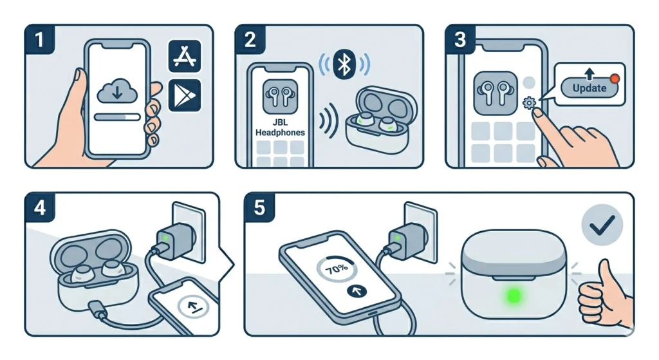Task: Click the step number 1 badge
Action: [x=39, y=39]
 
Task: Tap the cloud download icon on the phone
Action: [x=118, y=91]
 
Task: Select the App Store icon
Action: [x=185, y=56]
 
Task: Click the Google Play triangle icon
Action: [x=185, y=95]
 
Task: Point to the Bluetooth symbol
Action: [x=344, y=64]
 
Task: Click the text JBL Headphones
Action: [x=281, y=127]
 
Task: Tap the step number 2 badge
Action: [x=250, y=39]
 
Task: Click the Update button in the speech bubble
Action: [x=589, y=88]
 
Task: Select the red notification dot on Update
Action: [x=615, y=79]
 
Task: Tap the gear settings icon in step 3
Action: [x=529, y=102]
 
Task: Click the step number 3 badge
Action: [x=460, y=39]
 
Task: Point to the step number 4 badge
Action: [x=39, y=207]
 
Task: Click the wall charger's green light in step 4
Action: [x=165, y=238]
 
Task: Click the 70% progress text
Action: [x=337, y=269]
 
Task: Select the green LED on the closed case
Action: [x=513, y=296]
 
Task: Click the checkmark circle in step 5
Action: [x=602, y=225]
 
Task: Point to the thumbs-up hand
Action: [x=604, y=292]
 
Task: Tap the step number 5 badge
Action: [x=259, y=207]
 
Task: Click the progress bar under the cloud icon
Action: [x=118, y=117]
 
